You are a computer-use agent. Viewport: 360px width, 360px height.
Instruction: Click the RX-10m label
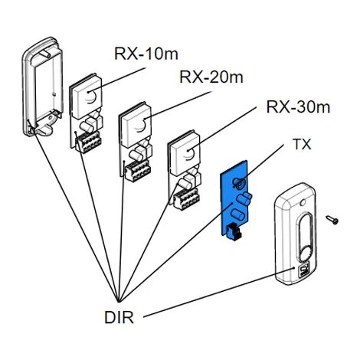146,54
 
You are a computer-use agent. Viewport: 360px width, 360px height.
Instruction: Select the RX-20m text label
211,77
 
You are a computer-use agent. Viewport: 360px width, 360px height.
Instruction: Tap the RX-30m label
298,106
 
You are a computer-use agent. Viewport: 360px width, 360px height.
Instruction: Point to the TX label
303,144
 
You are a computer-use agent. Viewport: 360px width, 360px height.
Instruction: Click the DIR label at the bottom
119,317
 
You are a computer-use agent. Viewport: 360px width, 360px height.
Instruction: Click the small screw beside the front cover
332,220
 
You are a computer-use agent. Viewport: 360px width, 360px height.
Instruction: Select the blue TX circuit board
234,197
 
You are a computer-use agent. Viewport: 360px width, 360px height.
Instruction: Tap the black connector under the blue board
234,232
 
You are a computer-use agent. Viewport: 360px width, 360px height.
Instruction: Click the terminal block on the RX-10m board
89,142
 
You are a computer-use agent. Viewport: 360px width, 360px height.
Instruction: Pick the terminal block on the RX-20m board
138,171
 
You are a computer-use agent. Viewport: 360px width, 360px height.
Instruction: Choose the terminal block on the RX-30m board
186,199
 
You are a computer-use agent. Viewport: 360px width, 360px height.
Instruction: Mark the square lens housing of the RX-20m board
136,124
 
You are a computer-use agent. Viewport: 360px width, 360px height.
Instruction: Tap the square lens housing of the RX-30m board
185,153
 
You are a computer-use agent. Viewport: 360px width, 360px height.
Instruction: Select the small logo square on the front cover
303,270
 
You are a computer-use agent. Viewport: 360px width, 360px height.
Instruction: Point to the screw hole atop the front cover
302,202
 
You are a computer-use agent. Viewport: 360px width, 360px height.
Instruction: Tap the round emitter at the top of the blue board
239,182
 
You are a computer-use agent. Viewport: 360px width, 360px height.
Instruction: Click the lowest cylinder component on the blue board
237,214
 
